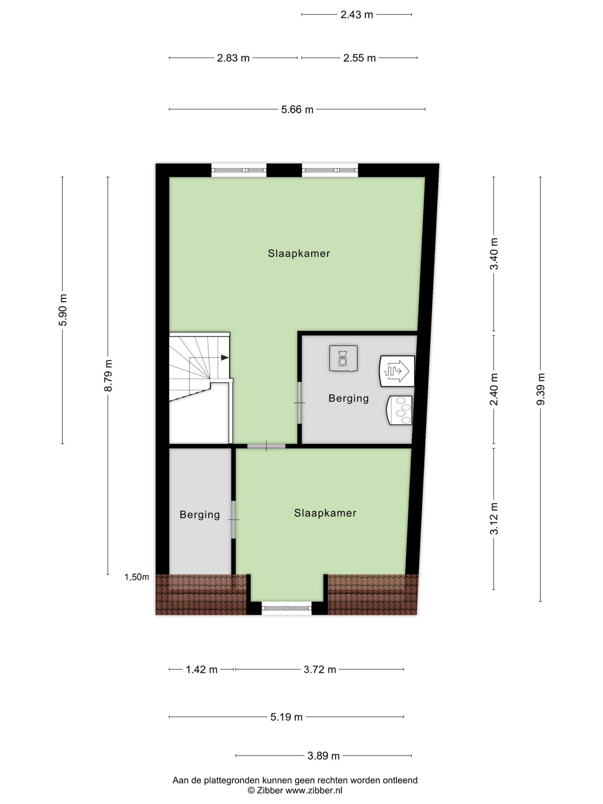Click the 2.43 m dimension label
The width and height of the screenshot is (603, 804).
pos(356,14)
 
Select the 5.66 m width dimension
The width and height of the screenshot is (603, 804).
pos(297,109)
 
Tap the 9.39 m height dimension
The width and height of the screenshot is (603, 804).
pos(541,389)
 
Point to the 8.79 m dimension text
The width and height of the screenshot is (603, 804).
pos(108,376)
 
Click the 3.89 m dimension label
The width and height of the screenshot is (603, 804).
pos(323,756)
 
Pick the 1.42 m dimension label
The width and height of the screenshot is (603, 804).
pos(202,669)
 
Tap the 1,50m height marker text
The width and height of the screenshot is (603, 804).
pos(137,577)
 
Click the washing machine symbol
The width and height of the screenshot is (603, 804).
pos(343,358)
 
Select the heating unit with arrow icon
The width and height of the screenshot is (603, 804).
pos(397,371)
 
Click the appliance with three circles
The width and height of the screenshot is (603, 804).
pos(399,410)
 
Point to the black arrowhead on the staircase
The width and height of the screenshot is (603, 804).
pos(225,358)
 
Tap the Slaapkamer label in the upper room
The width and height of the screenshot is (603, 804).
pos(299,253)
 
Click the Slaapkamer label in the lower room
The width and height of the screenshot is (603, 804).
pos(325,513)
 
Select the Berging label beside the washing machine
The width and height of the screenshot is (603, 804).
pos(349,398)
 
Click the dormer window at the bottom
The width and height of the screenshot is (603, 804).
pos(286,608)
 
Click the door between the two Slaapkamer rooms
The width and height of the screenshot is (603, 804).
pos(266,446)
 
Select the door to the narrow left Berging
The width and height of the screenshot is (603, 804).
pos(233,519)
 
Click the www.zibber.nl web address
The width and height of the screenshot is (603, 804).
pos(314,790)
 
